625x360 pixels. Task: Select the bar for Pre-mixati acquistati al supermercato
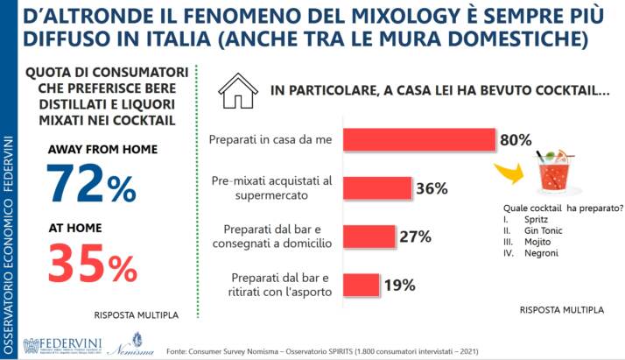pyautogui.click(x=377, y=188)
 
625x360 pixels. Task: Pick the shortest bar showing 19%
pyautogui.click(x=361, y=285)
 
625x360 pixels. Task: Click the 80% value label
pyautogui.click(x=516, y=140)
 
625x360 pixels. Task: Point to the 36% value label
pyautogui.click(x=431, y=188)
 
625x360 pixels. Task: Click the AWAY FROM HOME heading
pyautogui.click(x=102, y=149)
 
